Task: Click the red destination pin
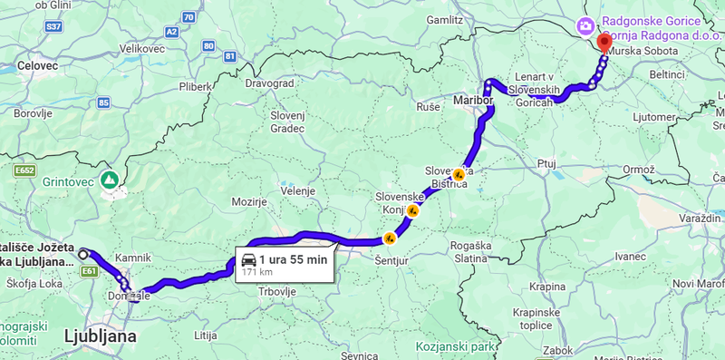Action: (x=604, y=42)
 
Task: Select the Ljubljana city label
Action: (x=100, y=336)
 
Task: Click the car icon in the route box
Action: (x=248, y=260)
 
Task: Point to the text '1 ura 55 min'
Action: (x=293, y=259)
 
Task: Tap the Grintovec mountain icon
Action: (x=110, y=180)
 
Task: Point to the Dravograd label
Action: (x=270, y=83)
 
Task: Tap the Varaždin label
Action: (x=701, y=220)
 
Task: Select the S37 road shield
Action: (x=53, y=27)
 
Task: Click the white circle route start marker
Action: (x=82, y=253)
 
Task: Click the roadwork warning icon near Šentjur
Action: (x=390, y=238)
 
